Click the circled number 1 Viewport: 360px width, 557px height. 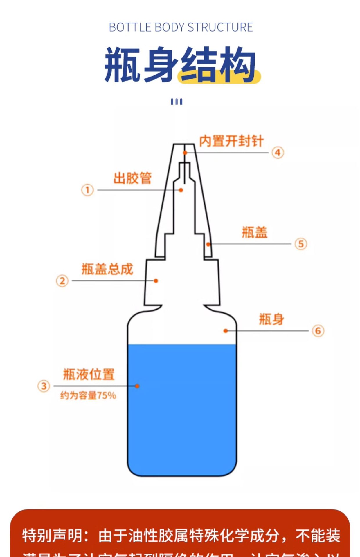[x=87, y=190]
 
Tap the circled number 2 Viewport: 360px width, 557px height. [x=62, y=281]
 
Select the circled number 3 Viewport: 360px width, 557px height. [x=44, y=386]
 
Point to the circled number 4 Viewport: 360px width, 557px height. [x=278, y=153]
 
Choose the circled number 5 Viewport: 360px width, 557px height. [x=301, y=244]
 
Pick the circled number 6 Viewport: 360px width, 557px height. [x=318, y=331]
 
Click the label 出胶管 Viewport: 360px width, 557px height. [x=132, y=178]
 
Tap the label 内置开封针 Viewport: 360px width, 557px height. [x=231, y=141]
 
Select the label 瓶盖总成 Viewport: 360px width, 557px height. [x=107, y=269]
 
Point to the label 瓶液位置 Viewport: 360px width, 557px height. [x=89, y=374]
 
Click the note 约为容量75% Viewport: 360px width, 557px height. [x=88, y=395]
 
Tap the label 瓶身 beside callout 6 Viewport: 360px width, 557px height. [x=271, y=319]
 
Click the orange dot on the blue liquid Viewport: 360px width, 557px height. [x=137, y=386]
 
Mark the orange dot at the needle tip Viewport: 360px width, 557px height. [x=185, y=153]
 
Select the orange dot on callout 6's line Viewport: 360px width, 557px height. [x=226, y=331]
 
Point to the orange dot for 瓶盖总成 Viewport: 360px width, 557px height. [x=156, y=281]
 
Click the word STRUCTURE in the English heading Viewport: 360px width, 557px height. [x=220, y=28]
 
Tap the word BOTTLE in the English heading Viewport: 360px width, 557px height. [x=130, y=28]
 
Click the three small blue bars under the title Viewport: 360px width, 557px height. [x=177, y=102]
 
